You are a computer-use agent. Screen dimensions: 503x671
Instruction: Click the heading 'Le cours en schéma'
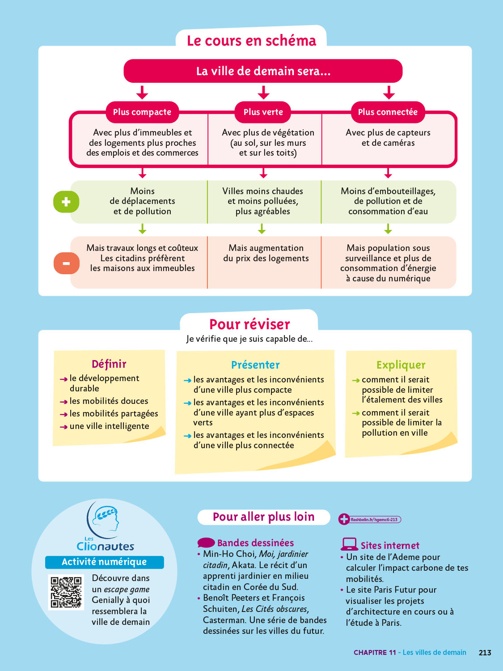[251, 41]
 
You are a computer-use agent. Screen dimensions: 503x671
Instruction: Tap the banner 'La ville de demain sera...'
[263, 71]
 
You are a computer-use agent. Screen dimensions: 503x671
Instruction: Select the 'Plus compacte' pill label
[142, 112]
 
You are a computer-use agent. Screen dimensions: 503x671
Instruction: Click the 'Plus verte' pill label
[263, 112]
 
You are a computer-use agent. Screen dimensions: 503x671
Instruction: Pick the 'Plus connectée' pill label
[388, 112]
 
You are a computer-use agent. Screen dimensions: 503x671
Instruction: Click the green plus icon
[66, 202]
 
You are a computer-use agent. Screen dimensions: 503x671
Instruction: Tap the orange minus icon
[67, 263]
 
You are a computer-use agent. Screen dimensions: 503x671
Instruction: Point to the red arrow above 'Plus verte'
[263, 92]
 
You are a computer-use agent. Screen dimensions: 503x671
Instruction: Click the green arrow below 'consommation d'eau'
[388, 229]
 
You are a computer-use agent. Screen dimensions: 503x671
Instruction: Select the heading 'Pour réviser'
[249, 324]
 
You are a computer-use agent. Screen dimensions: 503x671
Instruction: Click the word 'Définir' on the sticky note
[109, 364]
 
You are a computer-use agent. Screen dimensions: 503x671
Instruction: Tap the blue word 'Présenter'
[255, 365]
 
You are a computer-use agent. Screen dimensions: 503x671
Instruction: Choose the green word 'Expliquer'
[401, 365]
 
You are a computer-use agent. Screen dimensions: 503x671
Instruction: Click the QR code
[66, 592]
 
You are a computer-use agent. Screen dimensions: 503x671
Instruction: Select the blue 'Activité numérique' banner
[105, 562]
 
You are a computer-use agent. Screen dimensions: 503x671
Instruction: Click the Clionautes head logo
[104, 520]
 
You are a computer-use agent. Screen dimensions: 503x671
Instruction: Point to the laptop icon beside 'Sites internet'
[349, 544]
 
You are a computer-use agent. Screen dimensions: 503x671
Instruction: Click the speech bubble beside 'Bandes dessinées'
[206, 543]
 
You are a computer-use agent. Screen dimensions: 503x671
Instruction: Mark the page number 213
[485, 653]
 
